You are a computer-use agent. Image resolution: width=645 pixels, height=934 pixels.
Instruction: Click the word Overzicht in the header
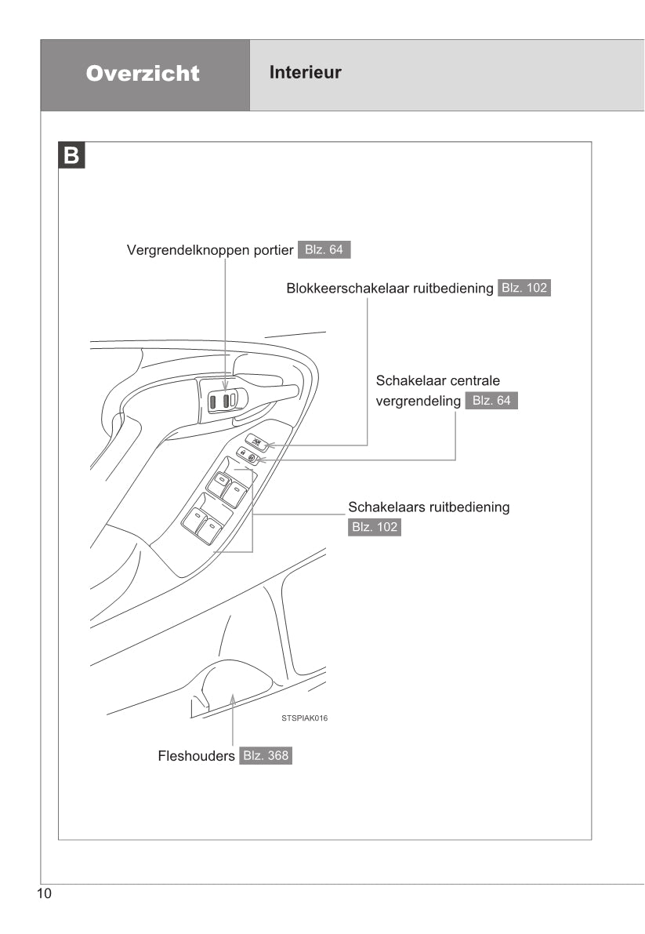143,74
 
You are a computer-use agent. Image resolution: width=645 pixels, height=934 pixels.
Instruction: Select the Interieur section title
306,73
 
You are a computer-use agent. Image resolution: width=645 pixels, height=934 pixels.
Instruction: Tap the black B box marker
71,155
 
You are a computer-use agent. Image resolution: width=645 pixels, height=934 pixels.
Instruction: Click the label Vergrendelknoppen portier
210,251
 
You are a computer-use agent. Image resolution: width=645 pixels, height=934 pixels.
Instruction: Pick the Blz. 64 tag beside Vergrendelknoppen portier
324,251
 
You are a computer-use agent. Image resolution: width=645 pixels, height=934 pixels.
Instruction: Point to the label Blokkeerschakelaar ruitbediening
390,288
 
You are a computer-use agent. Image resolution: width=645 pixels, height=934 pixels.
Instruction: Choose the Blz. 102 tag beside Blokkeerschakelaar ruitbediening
524,288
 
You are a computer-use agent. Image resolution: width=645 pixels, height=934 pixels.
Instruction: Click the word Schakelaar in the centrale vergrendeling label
408,380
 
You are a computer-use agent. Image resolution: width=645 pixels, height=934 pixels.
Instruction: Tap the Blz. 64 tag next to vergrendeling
491,401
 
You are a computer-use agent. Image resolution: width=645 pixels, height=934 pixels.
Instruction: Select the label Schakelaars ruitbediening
429,507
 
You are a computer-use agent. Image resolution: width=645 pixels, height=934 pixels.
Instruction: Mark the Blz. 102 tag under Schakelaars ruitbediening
375,528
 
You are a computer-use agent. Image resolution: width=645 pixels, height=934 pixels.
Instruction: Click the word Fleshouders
197,757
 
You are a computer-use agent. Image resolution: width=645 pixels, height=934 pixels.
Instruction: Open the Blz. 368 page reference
266,757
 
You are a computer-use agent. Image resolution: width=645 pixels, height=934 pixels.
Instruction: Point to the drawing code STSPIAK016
305,718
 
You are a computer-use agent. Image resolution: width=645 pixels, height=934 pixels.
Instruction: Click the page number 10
43,894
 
